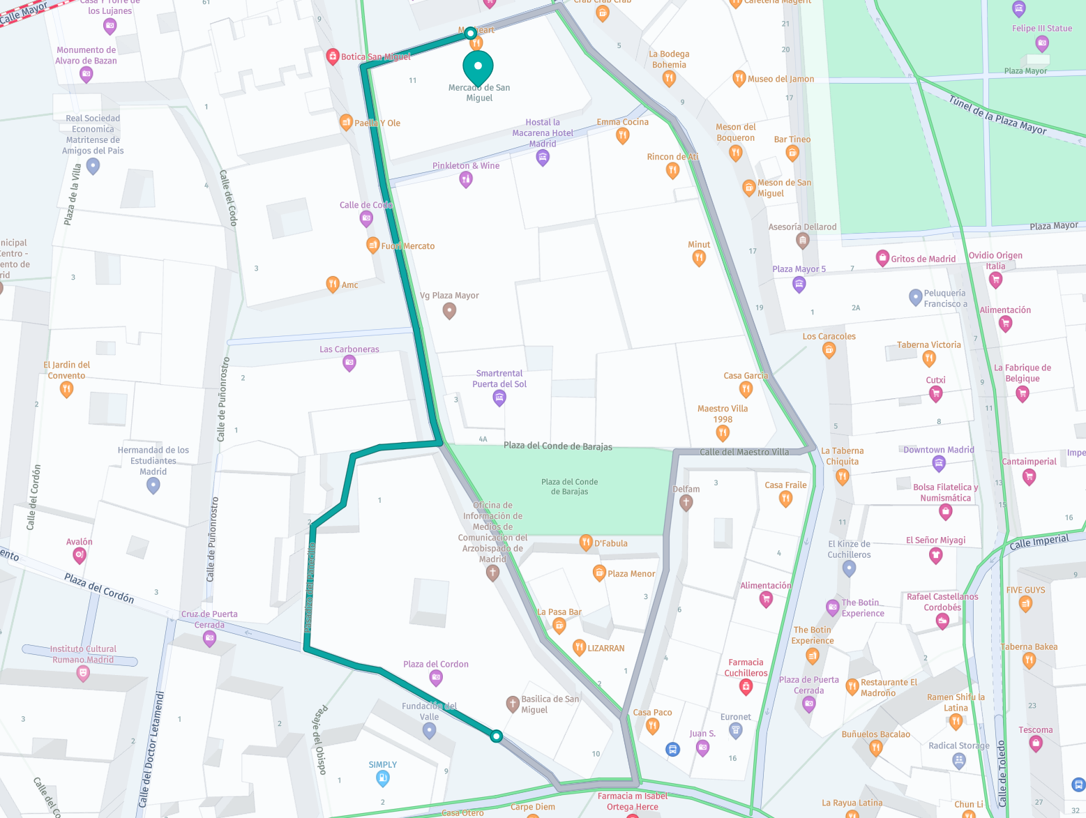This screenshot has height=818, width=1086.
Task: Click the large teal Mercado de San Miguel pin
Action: click(x=478, y=68)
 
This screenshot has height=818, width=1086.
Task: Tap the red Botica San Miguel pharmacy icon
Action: click(x=333, y=56)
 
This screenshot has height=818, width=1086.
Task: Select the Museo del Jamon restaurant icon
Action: click(x=739, y=78)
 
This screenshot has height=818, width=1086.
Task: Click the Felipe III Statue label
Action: click(x=1041, y=29)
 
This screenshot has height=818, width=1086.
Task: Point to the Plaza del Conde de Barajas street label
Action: click(x=557, y=446)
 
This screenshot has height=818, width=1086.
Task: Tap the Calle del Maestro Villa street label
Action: click(x=744, y=452)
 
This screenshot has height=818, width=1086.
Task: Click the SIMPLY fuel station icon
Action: click(x=382, y=778)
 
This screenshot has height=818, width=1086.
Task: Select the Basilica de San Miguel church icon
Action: click(x=513, y=703)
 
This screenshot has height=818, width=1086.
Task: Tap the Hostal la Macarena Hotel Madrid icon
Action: click(x=542, y=158)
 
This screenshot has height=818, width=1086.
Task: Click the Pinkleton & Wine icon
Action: click(x=466, y=179)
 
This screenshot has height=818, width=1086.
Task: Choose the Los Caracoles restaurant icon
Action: click(x=829, y=350)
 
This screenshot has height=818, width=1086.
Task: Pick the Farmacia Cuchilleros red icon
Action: click(x=746, y=687)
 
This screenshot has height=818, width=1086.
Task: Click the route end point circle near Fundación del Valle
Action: click(x=496, y=736)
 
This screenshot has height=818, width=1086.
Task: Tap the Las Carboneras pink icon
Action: click(x=349, y=363)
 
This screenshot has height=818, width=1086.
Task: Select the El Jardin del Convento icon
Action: click(x=66, y=389)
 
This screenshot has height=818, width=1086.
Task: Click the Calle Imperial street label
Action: click(x=1039, y=542)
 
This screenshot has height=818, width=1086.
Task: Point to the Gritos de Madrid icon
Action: click(x=882, y=258)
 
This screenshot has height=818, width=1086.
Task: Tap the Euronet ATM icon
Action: click(x=735, y=730)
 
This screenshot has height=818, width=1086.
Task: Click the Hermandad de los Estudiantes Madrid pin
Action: click(x=153, y=485)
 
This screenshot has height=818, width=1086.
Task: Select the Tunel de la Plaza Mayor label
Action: click(x=997, y=115)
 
